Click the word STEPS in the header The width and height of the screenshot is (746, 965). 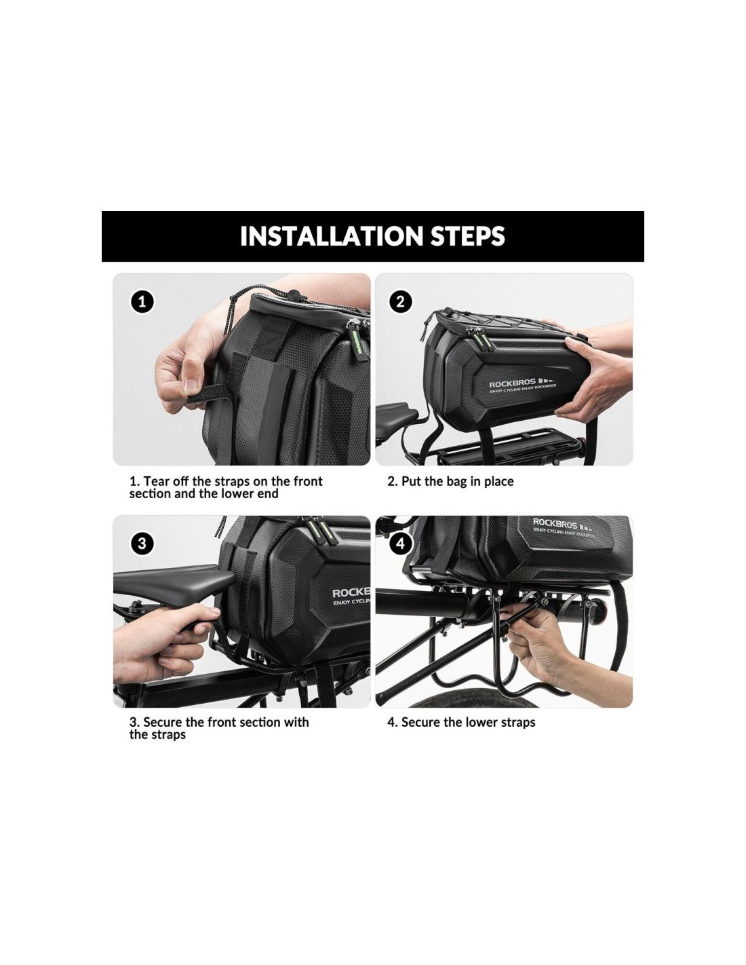pyautogui.click(x=468, y=235)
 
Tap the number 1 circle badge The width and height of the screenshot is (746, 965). pyautogui.click(x=142, y=302)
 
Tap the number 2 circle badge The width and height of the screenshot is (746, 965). pyautogui.click(x=400, y=302)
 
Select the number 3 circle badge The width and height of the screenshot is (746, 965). pyautogui.click(x=142, y=544)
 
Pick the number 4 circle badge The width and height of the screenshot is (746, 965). pyautogui.click(x=400, y=544)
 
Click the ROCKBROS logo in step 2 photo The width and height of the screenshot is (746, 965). pyautogui.click(x=522, y=385)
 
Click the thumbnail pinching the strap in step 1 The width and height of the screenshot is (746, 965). pyautogui.click(x=191, y=384)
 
